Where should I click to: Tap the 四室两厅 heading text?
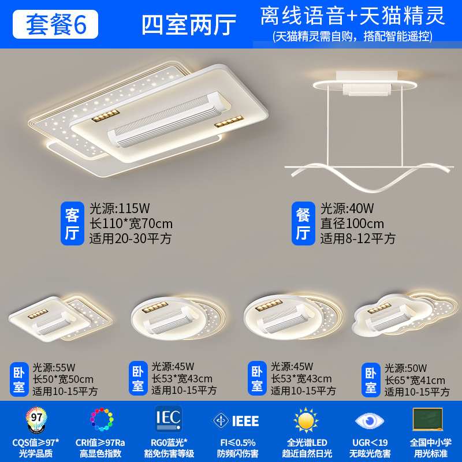pyautogui.click(x=189, y=24)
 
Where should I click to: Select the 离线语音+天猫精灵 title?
pyautogui.click(x=352, y=16)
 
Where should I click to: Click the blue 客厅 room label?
pyautogui.click(x=72, y=223)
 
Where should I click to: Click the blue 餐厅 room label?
pyautogui.click(x=303, y=223)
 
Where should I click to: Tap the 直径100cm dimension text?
pyautogui.click(x=352, y=223)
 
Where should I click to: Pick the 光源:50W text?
pyautogui.click(x=407, y=368)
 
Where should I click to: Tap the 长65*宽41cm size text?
pyautogui.click(x=415, y=380)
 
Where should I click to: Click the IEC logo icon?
pyautogui.click(x=168, y=419)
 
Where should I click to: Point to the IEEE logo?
pyautogui.click(x=236, y=420)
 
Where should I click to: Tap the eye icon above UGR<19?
pyautogui.click(x=366, y=420)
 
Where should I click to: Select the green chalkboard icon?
pyautogui.click(x=428, y=418)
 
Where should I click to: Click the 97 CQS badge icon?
pyautogui.click(x=35, y=419)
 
